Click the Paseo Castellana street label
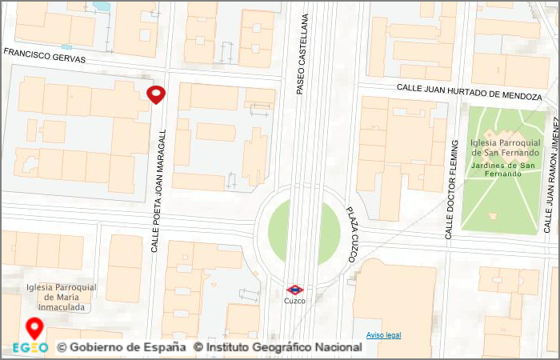point(302,54)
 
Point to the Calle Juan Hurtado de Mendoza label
point(469,91)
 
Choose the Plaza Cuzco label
point(352,234)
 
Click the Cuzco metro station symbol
point(294,289)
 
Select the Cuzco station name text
point(294,301)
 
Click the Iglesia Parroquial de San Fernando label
point(506,147)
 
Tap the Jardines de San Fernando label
point(506,169)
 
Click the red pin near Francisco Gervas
point(156,94)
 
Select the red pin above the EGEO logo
point(34,328)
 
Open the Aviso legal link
point(383,334)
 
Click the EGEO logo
point(30,348)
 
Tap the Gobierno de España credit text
point(122,348)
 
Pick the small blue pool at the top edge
point(101,5)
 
